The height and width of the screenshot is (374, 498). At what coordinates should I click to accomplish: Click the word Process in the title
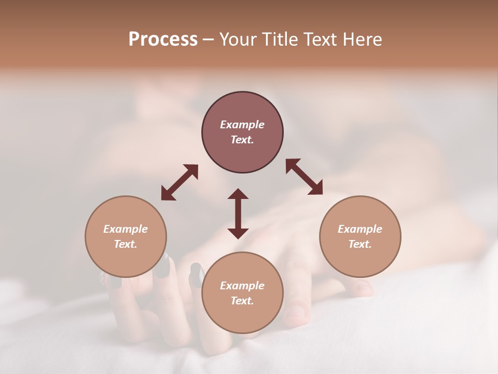(x=163, y=39)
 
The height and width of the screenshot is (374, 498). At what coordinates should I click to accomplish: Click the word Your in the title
(x=239, y=39)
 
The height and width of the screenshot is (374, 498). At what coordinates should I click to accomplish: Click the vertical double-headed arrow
(x=238, y=213)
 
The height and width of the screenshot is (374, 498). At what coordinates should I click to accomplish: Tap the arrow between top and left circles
(x=179, y=182)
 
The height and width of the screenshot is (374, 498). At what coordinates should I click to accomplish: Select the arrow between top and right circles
(x=304, y=177)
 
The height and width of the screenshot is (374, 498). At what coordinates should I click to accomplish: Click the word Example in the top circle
(x=242, y=125)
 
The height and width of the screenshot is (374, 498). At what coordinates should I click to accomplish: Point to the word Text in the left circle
(x=126, y=244)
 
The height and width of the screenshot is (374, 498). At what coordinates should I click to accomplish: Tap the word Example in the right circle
(x=360, y=229)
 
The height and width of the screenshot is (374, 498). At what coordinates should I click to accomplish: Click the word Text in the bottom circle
(x=242, y=301)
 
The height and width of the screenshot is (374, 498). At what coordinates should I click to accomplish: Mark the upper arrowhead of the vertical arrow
(x=238, y=194)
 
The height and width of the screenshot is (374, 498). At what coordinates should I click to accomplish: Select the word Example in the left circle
(x=126, y=229)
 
